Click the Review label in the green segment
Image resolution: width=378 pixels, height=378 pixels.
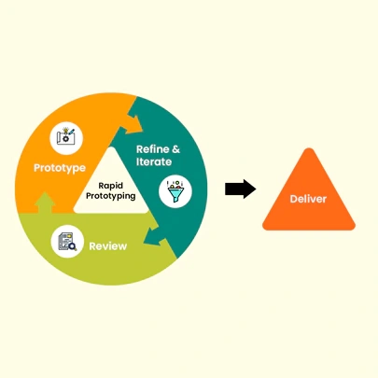coord(107,246)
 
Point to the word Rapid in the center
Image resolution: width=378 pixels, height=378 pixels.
coord(113,186)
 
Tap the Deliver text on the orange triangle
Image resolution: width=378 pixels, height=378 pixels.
coord(309,200)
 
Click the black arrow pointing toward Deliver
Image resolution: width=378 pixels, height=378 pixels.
coord(241,189)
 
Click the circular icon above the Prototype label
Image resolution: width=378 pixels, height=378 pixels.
coord(68,136)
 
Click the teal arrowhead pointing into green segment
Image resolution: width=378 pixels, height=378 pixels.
coord(165,245)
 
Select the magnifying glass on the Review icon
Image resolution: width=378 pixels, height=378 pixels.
coord(71,245)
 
